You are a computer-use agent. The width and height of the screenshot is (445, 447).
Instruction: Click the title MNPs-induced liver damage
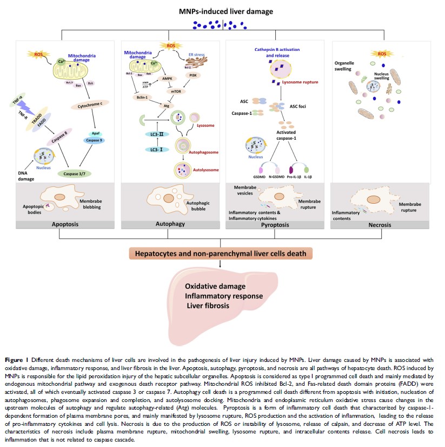pos(223,11)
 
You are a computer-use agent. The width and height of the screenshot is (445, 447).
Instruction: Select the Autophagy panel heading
pos(171,223)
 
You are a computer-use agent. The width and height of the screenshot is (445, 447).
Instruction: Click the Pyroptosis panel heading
pos(276,223)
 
